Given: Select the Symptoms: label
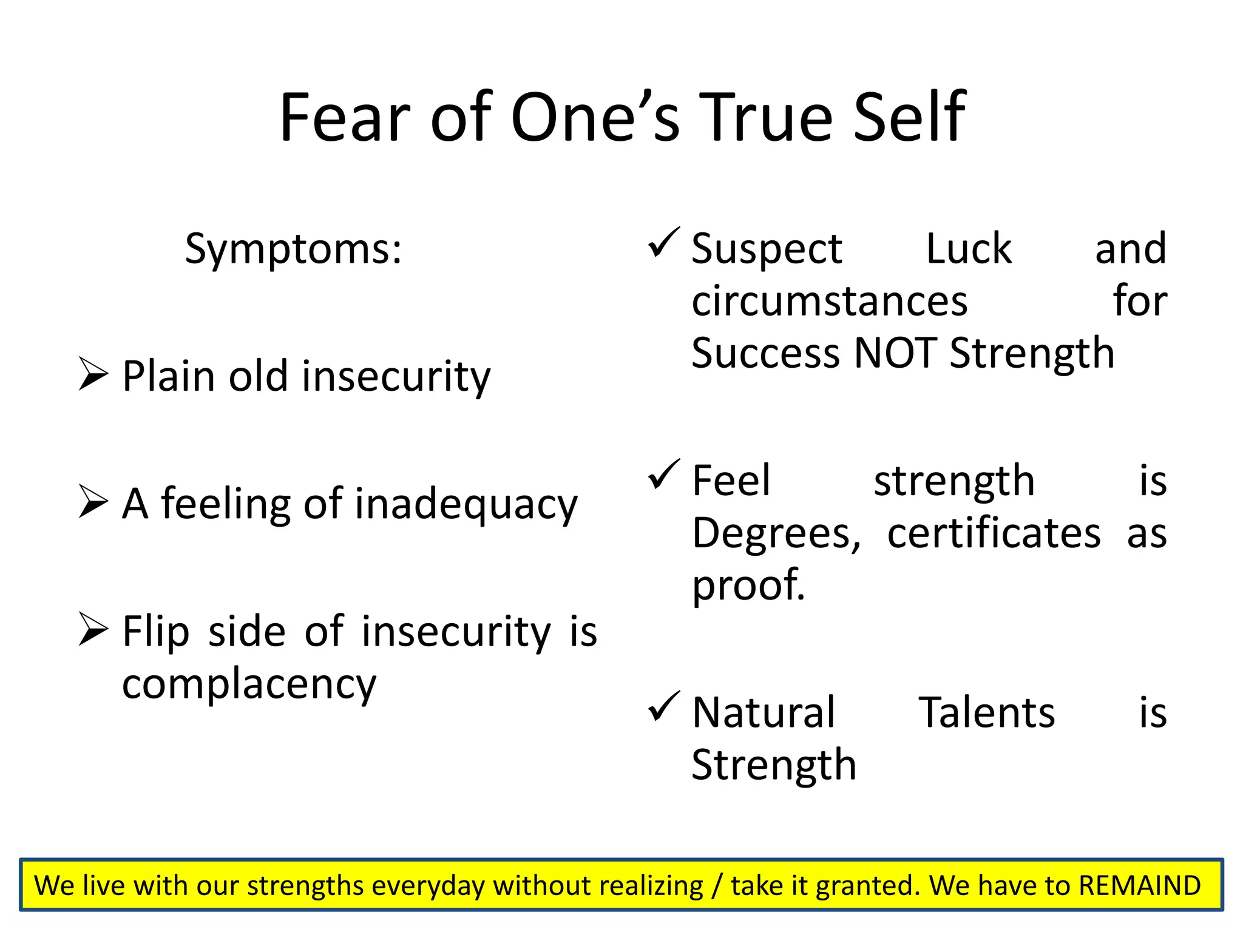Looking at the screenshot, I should coord(293,249).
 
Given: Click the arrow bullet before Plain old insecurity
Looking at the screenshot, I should coord(93,374).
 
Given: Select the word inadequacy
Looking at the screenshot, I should coord(466,505).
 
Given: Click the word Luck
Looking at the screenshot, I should coord(968,249).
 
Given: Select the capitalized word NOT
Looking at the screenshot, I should coord(895,353).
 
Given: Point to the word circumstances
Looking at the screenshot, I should coord(829,302).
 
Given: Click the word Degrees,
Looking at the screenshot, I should coord(776,534).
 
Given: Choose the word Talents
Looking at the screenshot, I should coord(986,712).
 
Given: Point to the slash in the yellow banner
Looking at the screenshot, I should coord(717,886).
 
